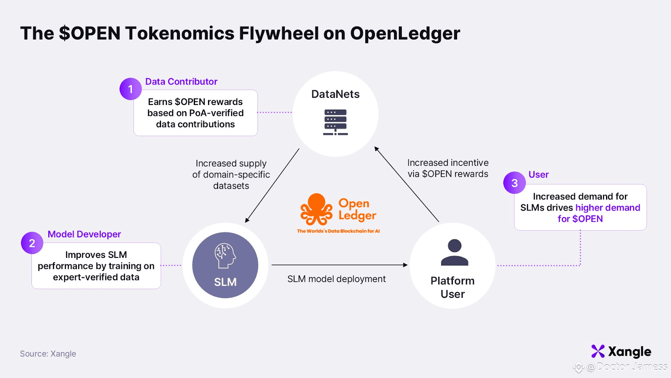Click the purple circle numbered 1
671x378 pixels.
pos(130,89)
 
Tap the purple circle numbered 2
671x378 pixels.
pos(32,243)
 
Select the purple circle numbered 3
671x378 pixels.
pos(514,183)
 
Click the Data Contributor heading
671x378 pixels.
pos(181,81)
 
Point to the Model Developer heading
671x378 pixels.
pos(84,234)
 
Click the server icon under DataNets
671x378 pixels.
pos(335,122)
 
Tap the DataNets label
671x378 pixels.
pos(335,94)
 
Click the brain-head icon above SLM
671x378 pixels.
pos(225,256)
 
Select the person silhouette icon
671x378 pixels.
pos(455,252)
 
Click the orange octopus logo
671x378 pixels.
pos(316,209)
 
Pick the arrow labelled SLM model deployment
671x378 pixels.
pos(339,265)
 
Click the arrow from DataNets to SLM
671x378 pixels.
pos(272,185)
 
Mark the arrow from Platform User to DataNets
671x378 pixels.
pos(406,184)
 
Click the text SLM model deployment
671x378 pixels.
pos(336,279)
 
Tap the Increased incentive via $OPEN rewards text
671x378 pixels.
pos(448,168)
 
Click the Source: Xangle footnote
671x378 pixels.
pos(48,354)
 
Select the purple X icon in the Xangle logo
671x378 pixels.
pos(598,351)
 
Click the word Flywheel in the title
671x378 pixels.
pos(278,33)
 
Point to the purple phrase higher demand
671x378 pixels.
pos(608,207)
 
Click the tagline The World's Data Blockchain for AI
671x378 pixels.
pos(338,231)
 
